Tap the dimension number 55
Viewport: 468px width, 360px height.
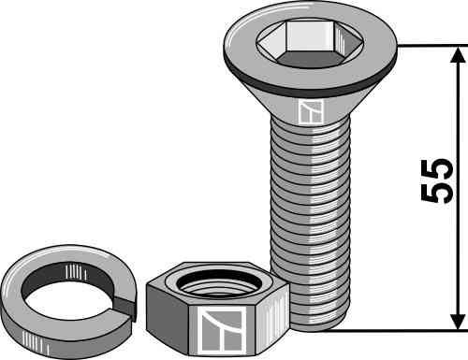436,181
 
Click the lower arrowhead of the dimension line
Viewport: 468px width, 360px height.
458,320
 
